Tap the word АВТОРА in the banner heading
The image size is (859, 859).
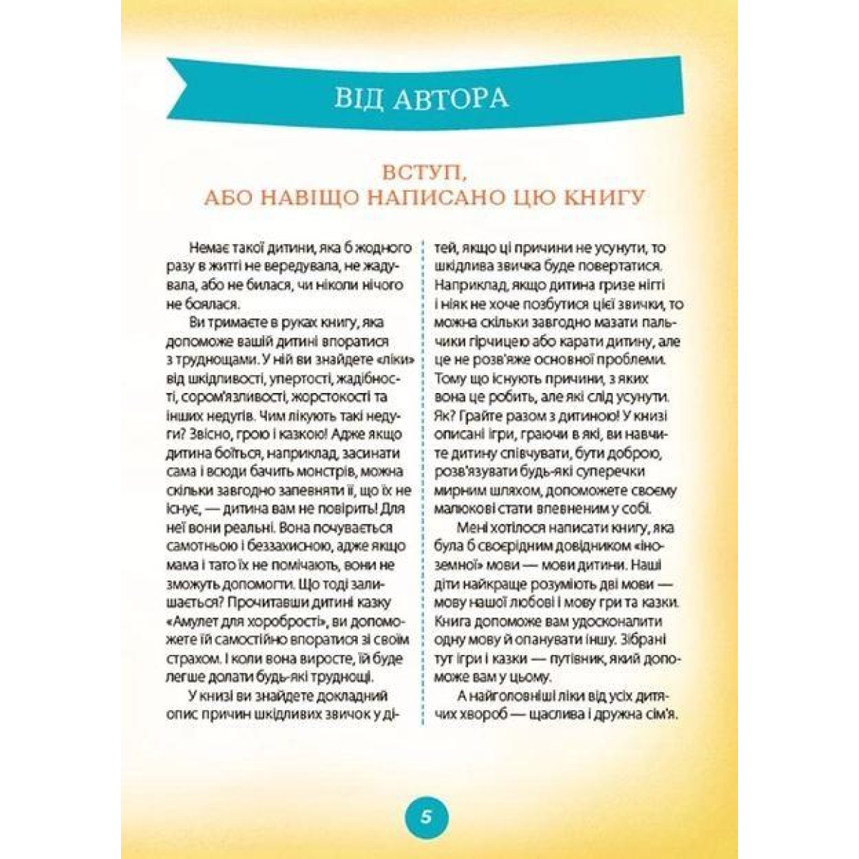point(450,98)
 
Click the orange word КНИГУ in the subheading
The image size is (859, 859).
point(604,198)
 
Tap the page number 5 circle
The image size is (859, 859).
point(427,816)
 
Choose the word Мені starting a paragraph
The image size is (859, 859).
point(470,528)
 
